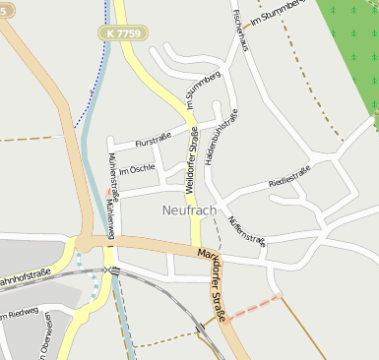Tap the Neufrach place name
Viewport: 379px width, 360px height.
click(188, 210)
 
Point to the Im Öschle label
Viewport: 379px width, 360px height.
click(137, 168)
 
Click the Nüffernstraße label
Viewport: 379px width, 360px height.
click(246, 230)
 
